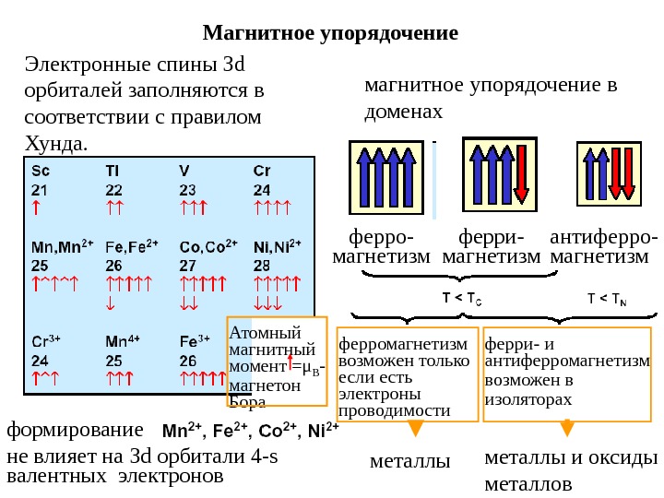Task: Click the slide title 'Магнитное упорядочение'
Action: pos(330,34)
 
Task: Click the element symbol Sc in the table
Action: pos(41,171)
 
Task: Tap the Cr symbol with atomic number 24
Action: pos(262,171)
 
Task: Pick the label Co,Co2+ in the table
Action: pos(208,246)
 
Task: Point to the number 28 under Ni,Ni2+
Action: pos(261,265)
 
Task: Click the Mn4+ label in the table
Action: pos(119,339)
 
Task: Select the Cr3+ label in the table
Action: pos(46,339)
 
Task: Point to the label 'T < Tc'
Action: pos(462,299)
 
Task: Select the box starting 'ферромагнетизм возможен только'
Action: pos(407,373)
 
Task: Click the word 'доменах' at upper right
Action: pos(403,112)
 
